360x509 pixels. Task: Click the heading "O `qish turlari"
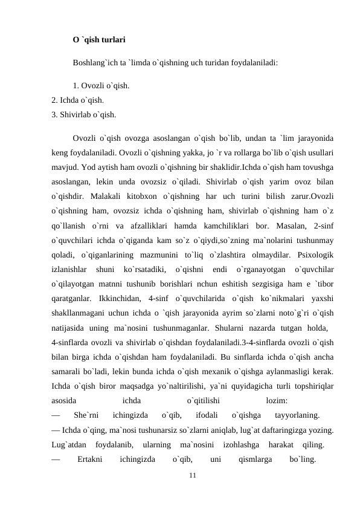(99, 41)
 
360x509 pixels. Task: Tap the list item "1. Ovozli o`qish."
(100, 85)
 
